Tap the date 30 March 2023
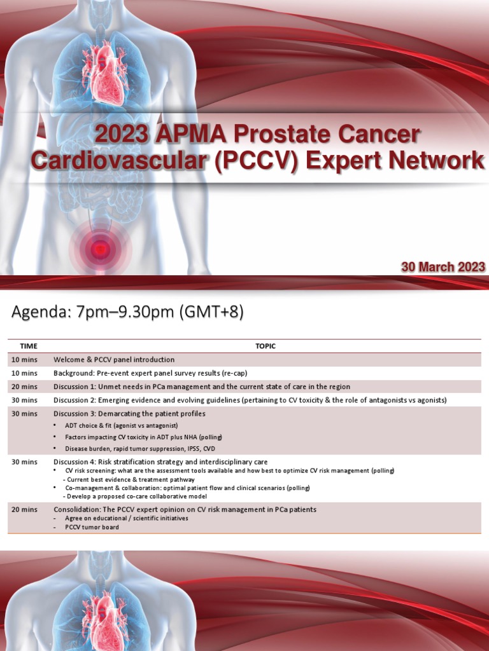point(443,267)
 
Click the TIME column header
point(29,346)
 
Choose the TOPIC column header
point(266,346)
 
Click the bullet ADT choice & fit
point(121,425)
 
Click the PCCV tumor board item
point(92,527)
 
